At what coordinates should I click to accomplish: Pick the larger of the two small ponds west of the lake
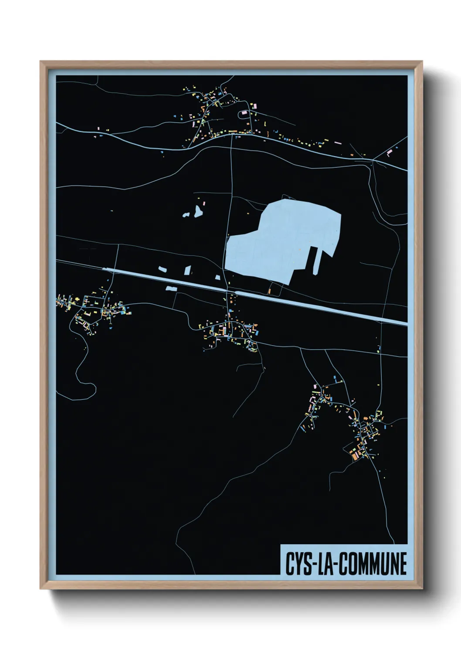click(x=198, y=212)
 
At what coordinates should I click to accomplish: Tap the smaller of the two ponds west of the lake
click(x=186, y=215)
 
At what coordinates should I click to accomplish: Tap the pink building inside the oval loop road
click(x=244, y=113)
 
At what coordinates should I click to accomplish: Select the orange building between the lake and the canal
click(x=269, y=291)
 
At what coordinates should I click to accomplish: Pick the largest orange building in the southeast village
click(x=355, y=456)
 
